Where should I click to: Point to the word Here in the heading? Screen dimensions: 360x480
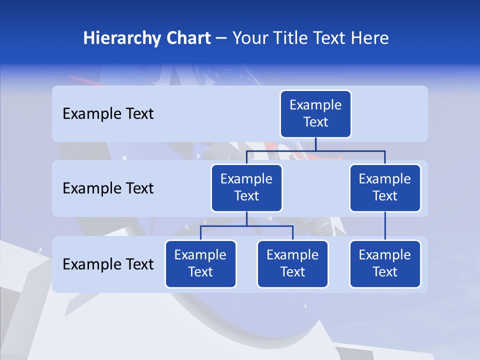click(x=369, y=38)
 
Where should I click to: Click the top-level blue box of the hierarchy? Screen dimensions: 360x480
click(x=315, y=114)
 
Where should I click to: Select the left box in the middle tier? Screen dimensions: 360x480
click(x=246, y=188)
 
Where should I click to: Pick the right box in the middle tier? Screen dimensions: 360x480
click(x=385, y=188)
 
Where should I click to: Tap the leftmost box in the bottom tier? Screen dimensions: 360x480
click(x=200, y=264)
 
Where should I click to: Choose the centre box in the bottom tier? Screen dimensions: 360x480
click(x=292, y=264)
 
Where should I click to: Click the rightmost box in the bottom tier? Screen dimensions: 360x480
click(x=385, y=264)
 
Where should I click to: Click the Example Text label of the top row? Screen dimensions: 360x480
click(x=108, y=114)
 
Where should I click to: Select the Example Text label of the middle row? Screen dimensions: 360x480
click(x=108, y=188)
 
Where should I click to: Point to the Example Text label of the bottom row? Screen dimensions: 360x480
click(x=108, y=264)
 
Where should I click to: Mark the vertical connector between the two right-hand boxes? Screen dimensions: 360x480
click(x=385, y=226)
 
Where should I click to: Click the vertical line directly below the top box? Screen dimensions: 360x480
click(x=315, y=144)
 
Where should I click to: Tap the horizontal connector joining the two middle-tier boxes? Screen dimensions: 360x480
click(x=315, y=151)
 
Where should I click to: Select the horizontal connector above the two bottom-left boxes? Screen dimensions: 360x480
click(x=246, y=226)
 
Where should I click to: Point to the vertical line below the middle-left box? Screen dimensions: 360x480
click(x=246, y=219)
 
